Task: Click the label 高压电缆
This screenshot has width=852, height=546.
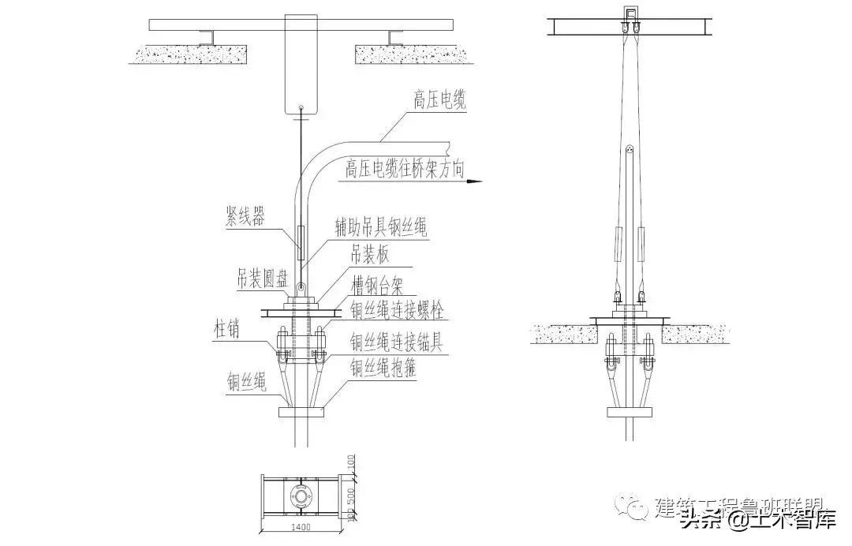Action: tap(440, 100)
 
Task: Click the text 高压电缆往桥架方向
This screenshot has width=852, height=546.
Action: tap(405, 168)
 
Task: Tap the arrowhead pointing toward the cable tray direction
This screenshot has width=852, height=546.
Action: tap(473, 181)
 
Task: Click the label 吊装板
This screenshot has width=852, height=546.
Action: tap(369, 254)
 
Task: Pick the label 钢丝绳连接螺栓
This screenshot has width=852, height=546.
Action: tap(398, 310)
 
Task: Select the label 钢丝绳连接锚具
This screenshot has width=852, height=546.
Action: tap(398, 342)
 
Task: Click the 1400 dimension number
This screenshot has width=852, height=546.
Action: tap(301, 527)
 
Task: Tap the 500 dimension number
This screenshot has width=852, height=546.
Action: tap(351, 498)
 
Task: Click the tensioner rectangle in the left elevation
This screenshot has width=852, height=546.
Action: tap(301, 242)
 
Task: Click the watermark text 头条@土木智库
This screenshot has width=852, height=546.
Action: tap(757, 520)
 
